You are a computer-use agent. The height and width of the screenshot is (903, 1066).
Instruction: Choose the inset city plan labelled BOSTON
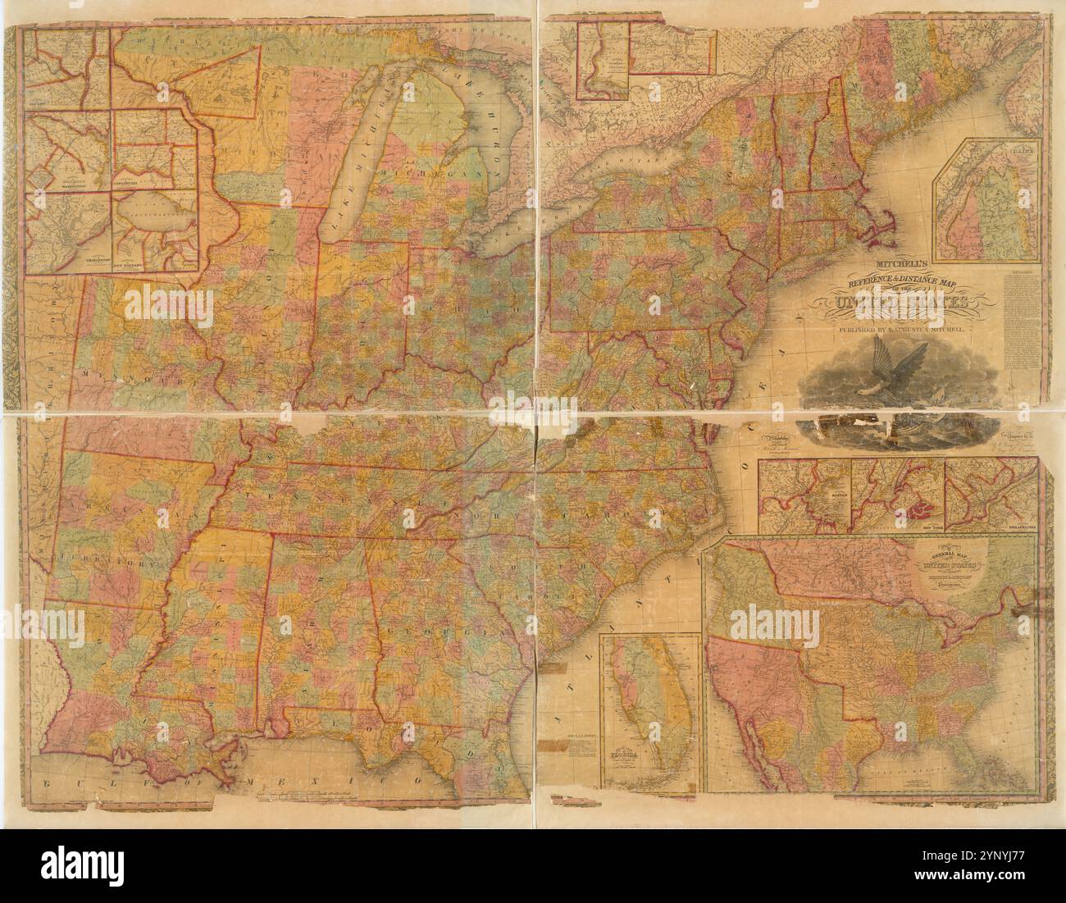point(804,496)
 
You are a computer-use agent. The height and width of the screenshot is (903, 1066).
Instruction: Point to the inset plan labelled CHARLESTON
point(70,234)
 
